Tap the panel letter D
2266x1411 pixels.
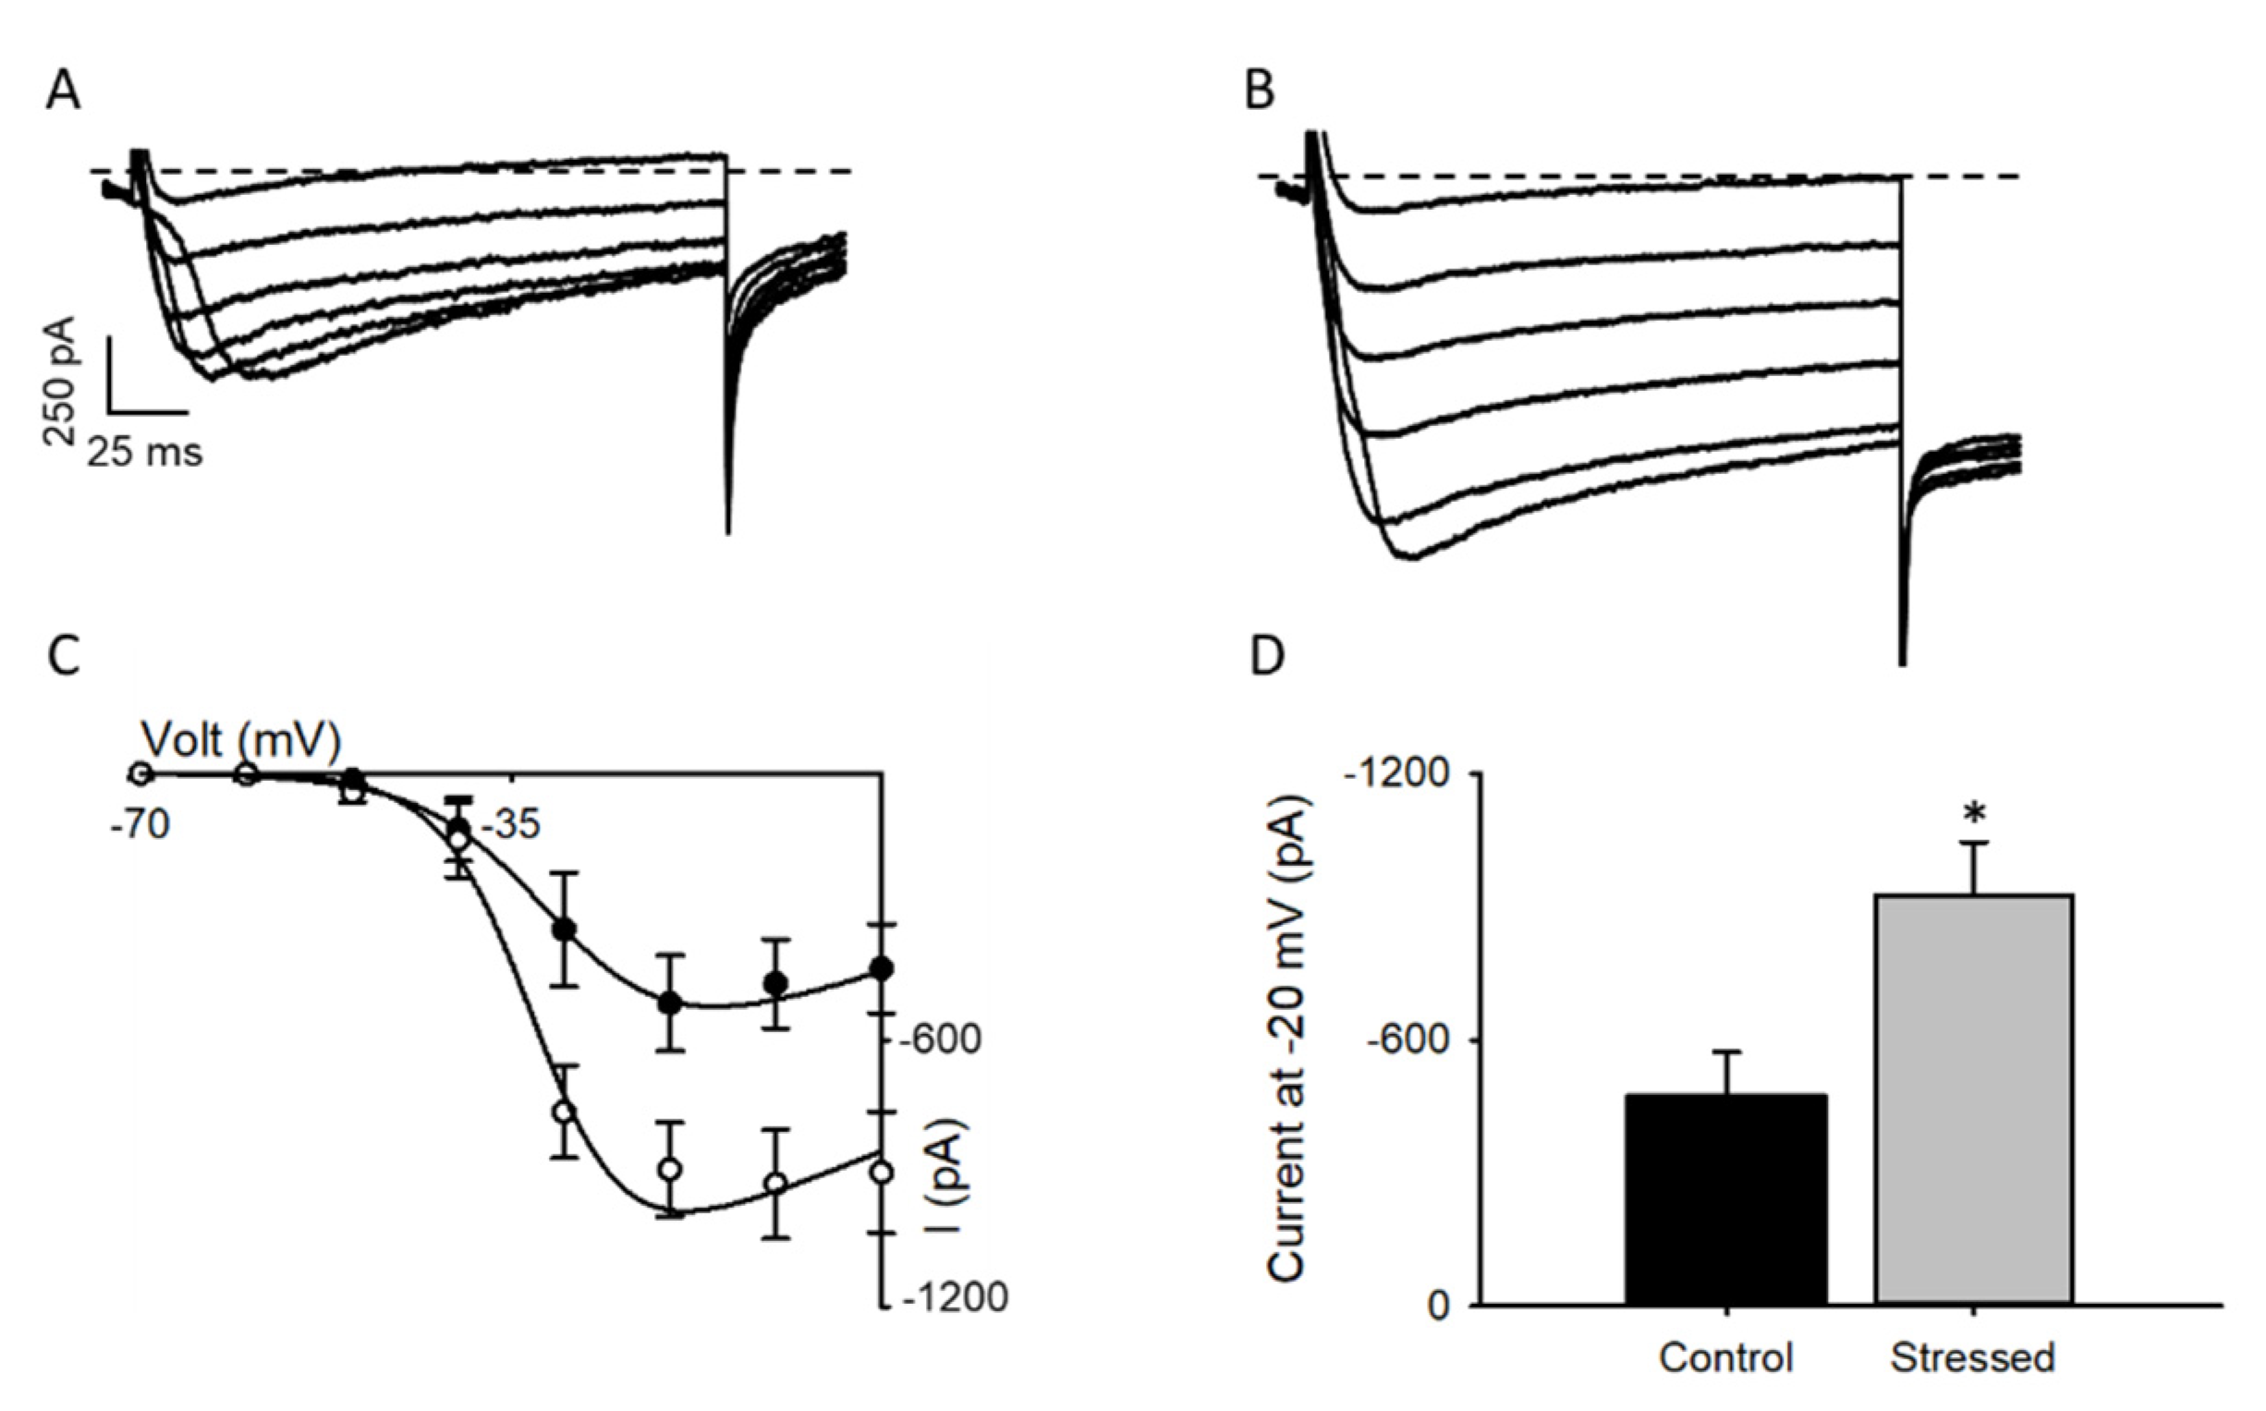tap(1266, 656)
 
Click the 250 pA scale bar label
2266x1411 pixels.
tap(63, 381)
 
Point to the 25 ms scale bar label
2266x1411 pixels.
tap(145, 453)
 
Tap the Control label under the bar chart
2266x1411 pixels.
tap(1725, 1356)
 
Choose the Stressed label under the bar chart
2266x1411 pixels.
tap(1973, 1356)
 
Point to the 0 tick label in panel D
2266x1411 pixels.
tap(1437, 1306)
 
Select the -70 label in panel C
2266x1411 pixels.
tap(140, 826)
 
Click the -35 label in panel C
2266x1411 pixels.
tap(509, 826)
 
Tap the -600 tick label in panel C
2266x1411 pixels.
tap(940, 1040)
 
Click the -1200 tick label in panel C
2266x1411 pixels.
tap(955, 1297)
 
